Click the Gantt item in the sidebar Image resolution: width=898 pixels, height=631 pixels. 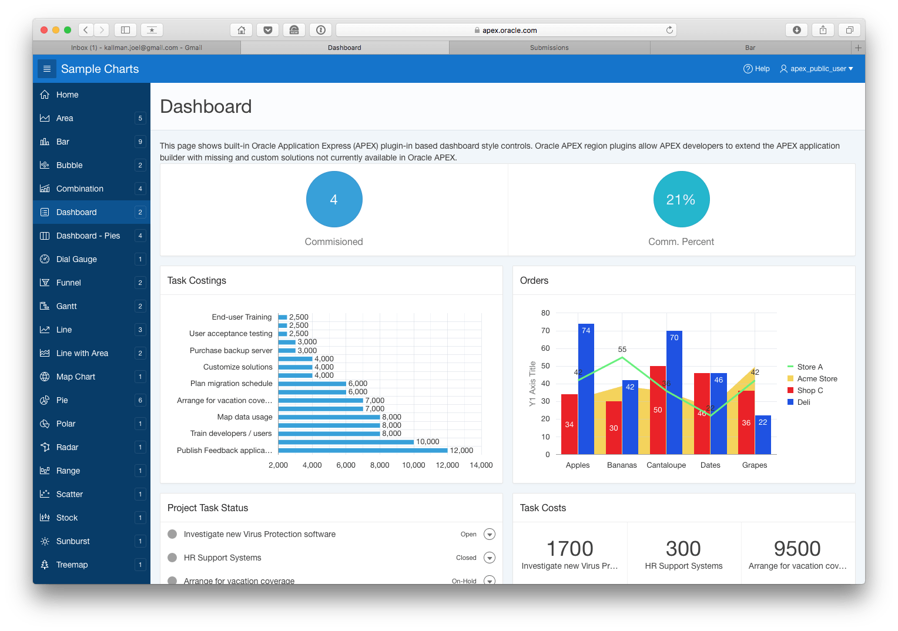(x=66, y=306)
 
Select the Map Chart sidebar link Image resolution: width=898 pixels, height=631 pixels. (x=75, y=377)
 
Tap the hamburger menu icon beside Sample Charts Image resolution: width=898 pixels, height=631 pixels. (x=47, y=69)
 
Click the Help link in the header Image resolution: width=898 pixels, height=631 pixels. (x=756, y=69)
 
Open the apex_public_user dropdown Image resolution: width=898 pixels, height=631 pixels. (x=816, y=69)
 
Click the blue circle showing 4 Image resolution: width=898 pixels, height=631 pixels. (x=334, y=199)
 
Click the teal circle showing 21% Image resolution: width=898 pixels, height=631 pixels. (x=681, y=199)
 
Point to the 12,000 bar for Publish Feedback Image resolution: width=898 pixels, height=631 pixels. (x=363, y=450)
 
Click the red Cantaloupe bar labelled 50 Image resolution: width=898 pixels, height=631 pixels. (x=658, y=410)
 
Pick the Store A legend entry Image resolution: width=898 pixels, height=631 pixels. (x=809, y=367)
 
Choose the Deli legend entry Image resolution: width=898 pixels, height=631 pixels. (x=803, y=402)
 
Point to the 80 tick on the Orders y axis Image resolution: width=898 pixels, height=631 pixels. (x=545, y=313)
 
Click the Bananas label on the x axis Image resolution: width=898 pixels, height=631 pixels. (x=622, y=465)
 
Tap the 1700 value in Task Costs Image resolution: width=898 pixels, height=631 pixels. (x=569, y=549)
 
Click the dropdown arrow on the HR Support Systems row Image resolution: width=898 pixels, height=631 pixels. (x=490, y=558)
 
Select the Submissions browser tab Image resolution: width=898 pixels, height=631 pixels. (x=549, y=48)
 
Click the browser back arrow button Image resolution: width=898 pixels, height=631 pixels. (x=86, y=30)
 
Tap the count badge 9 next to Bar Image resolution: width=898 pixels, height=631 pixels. (x=140, y=142)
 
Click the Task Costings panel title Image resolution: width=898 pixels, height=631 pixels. (x=197, y=281)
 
